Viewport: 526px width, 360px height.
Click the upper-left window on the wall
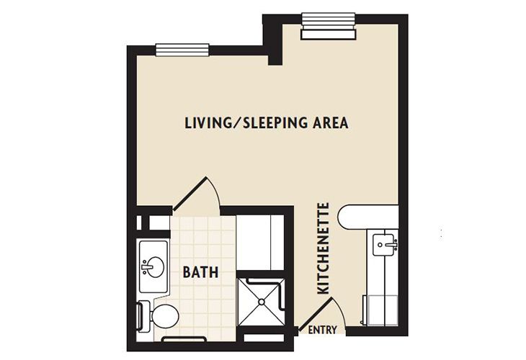tap(175, 50)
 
